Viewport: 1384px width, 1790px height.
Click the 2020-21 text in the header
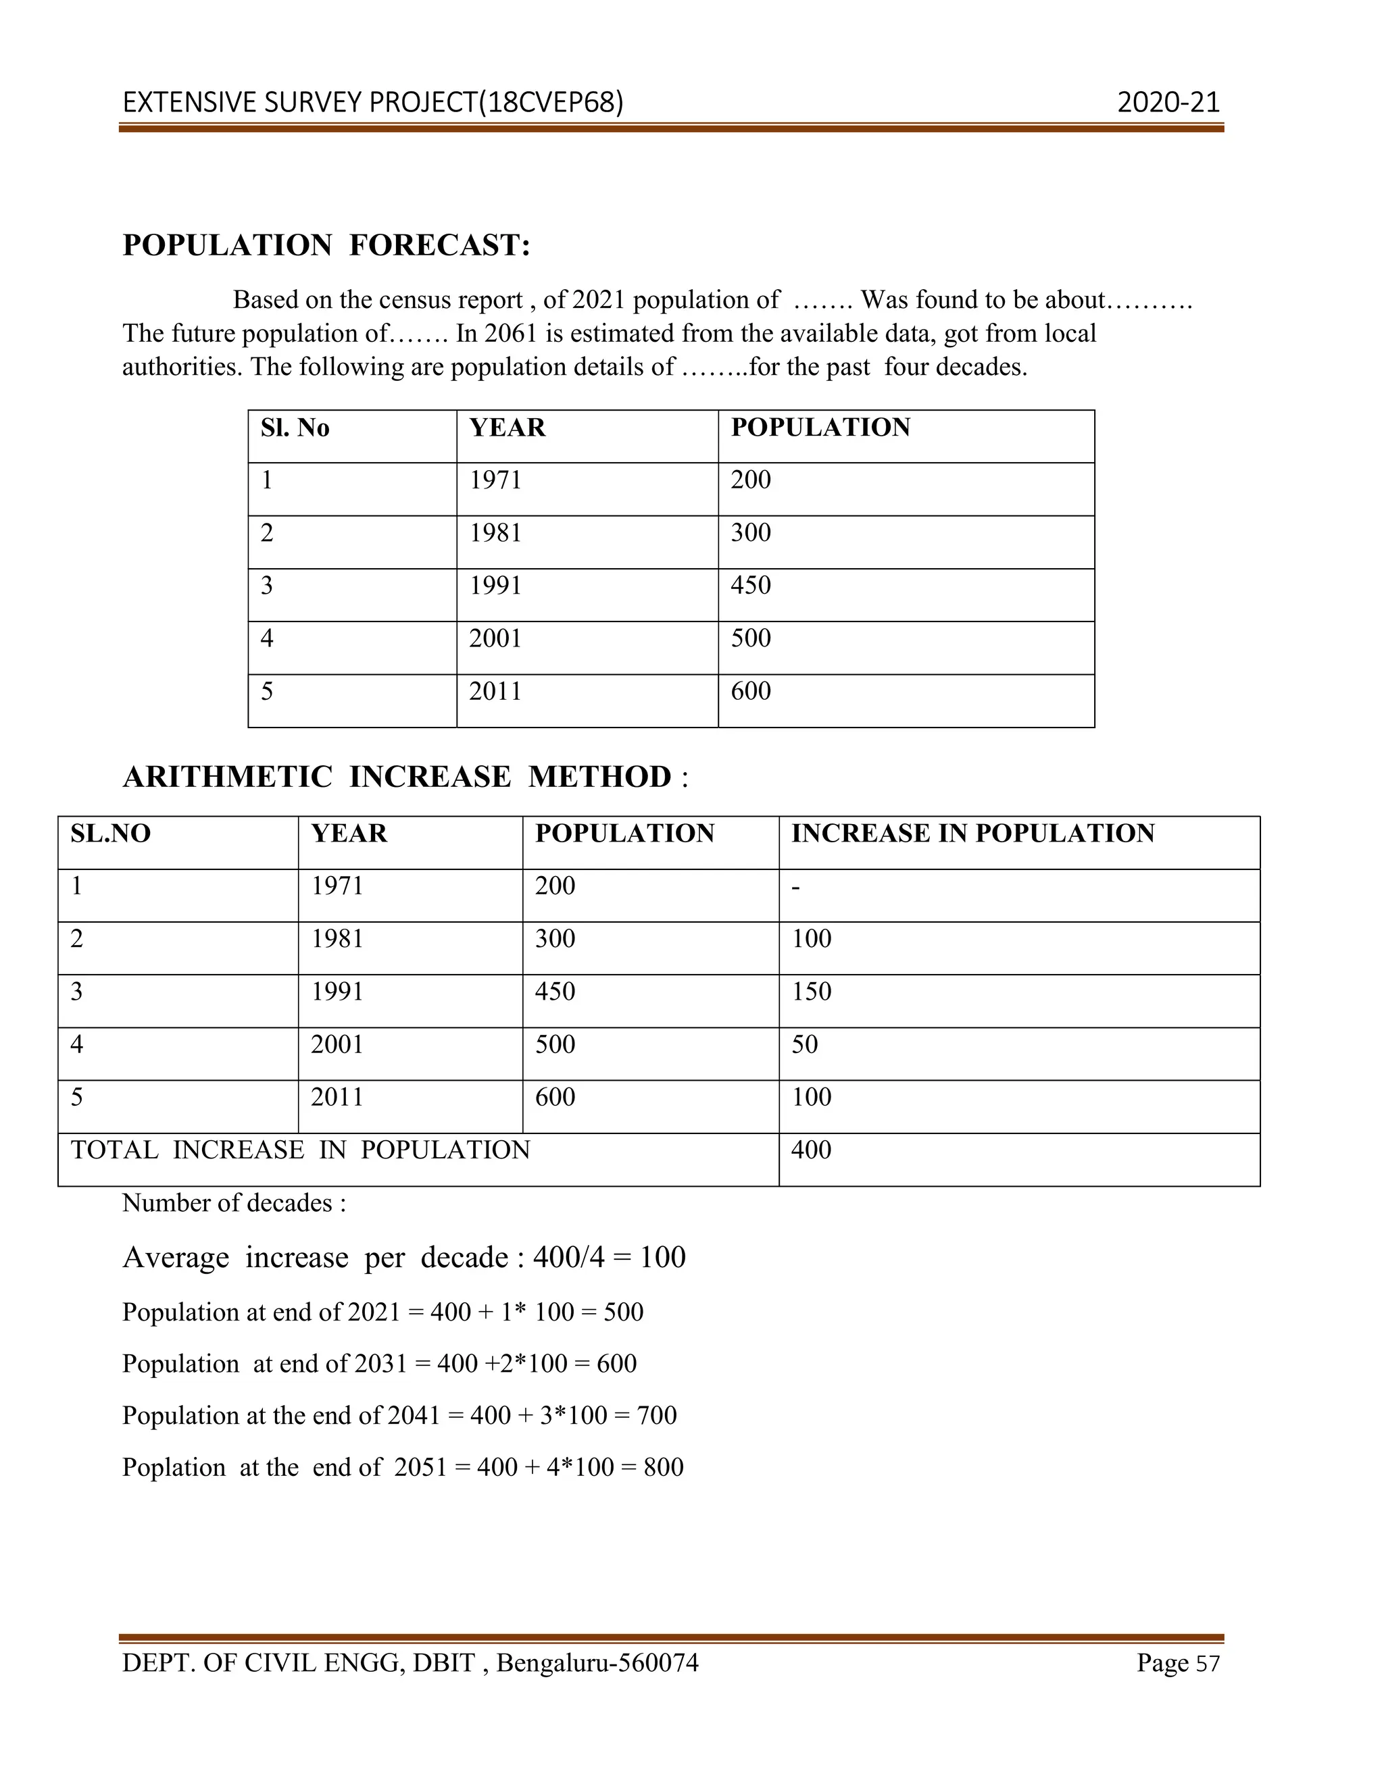pos(1168,103)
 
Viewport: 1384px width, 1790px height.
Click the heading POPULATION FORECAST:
pos(326,245)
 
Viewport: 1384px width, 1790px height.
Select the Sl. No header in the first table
pos(295,428)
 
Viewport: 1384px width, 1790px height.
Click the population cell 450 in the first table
pos(750,585)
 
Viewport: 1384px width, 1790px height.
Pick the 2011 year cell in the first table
pos(495,691)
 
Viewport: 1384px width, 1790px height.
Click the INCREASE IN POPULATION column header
pos(972,834)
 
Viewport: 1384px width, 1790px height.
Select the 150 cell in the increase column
pos(811,992)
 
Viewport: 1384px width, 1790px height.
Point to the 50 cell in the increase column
pos(804,1044)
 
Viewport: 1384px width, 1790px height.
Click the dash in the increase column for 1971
pos(795,887)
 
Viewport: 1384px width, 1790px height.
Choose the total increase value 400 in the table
pos(811,1150)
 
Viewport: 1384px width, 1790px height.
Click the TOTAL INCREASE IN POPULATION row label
pos(300,1150)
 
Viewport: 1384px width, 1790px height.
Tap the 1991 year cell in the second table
pos(337,992)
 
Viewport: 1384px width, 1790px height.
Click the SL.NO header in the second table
pos(111,834)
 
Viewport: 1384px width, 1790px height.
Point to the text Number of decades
pos(234,1203)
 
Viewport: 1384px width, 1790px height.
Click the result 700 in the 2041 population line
pos(657,1415)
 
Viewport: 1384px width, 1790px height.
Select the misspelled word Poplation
pos(174,1467)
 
